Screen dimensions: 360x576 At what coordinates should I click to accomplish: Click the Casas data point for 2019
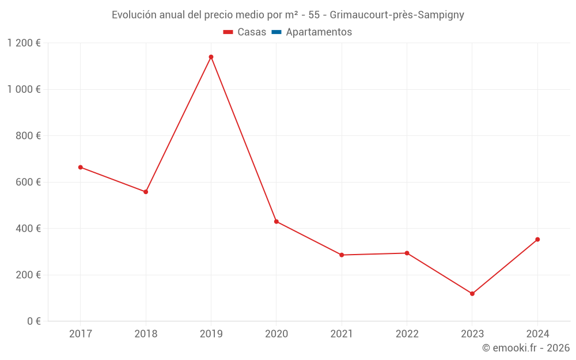[x=211, y=57]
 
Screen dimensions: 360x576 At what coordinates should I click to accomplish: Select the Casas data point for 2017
[x=81, y=167]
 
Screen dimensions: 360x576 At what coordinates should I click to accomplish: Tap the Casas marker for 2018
[x=146, y=192]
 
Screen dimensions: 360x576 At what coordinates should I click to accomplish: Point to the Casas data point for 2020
[x=276, y=221]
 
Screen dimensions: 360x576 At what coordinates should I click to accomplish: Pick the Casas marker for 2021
[x=342, y=255]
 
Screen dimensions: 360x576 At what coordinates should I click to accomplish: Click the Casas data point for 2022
[x=407, y=253]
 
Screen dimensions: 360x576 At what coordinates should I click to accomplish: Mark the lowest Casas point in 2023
[x=472, y=294]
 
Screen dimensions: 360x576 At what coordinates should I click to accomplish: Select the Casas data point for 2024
[x=537, y=239]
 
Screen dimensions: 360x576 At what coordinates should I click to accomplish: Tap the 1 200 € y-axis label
[x=24, y=43]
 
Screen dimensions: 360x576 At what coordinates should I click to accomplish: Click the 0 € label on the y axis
[x=32, y=321]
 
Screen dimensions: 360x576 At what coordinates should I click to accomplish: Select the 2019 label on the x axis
[x=211, y=334]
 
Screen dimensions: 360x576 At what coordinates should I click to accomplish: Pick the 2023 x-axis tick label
[x=472, y=334]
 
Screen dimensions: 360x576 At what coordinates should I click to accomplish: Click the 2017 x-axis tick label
[x=81, y=334]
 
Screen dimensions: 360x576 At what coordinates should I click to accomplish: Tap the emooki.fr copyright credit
[x=525, y=348]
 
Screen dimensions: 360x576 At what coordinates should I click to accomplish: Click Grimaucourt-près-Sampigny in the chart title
[x=397, y=15]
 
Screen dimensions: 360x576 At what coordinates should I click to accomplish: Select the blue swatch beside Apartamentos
[x=276, y=32]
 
